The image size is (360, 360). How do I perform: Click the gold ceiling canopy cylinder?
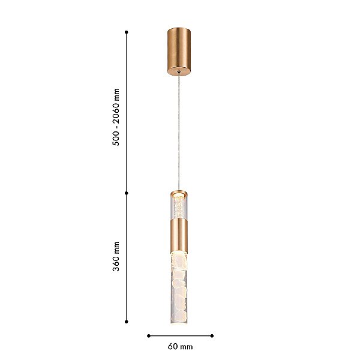179,52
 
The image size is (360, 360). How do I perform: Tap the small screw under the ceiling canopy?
179,73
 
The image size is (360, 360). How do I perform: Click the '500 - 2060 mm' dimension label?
116,117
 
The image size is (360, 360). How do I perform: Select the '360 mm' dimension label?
116,256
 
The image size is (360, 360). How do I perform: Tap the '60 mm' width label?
180,346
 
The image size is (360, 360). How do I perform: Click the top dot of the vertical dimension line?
126,32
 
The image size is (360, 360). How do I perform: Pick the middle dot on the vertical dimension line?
126,193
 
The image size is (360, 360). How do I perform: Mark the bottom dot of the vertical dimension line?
126,322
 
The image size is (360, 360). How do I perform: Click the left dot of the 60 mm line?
149,336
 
